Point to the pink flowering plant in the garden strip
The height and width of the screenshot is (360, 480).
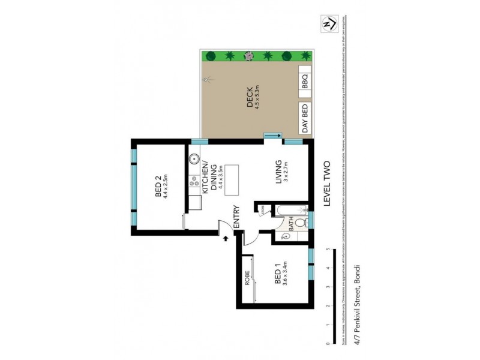(248, 56)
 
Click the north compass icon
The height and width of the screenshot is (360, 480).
(328, 24)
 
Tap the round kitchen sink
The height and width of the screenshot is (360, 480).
(194, 160)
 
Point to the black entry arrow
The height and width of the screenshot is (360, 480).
(226, 238)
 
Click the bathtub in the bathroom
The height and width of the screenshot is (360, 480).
(290, 211)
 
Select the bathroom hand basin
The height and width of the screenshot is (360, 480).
(286, 236)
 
